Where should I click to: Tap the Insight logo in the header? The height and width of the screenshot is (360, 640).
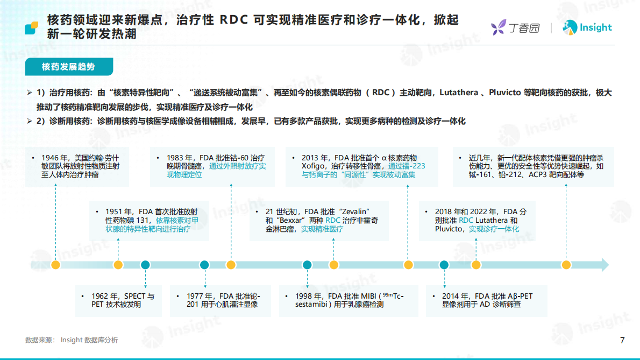(x=587, y=27)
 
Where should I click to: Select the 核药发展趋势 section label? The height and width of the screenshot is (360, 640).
(x=68, y=67)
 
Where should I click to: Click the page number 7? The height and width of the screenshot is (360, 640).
(x=622, y=340)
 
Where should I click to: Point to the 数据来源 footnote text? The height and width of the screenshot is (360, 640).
(x=72, y=340)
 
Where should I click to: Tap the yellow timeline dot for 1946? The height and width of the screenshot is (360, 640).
(x=55, y=265)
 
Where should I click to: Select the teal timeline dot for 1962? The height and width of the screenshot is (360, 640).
(x=145, y=265)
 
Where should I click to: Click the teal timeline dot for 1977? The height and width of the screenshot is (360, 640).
(x=204, y=265)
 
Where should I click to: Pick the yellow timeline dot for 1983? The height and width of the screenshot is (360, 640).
(x=231, y=265)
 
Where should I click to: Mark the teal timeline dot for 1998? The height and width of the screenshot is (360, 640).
(x=307, y=265)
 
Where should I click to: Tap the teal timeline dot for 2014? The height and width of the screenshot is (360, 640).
(x=444, y=265)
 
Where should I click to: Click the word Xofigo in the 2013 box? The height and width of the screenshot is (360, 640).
(x=313, y=166)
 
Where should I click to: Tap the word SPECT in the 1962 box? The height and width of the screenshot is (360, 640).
(x=135, y=296)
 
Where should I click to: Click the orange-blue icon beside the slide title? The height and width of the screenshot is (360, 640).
(x=32, y=28)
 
